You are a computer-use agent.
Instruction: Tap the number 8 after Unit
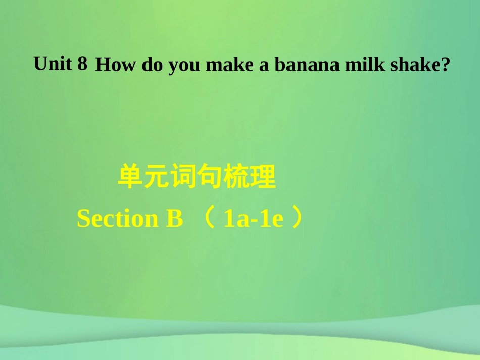(83, 64)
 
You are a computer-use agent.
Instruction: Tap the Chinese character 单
(130, 177)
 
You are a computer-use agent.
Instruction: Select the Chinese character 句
(210, 177)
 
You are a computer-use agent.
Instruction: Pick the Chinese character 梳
(236, 177)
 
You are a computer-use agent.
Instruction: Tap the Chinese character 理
(263, 177)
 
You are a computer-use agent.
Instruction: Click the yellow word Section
(117, 219)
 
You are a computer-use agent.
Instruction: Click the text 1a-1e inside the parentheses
(253, 219)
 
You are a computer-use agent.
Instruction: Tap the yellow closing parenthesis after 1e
(299, 219)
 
